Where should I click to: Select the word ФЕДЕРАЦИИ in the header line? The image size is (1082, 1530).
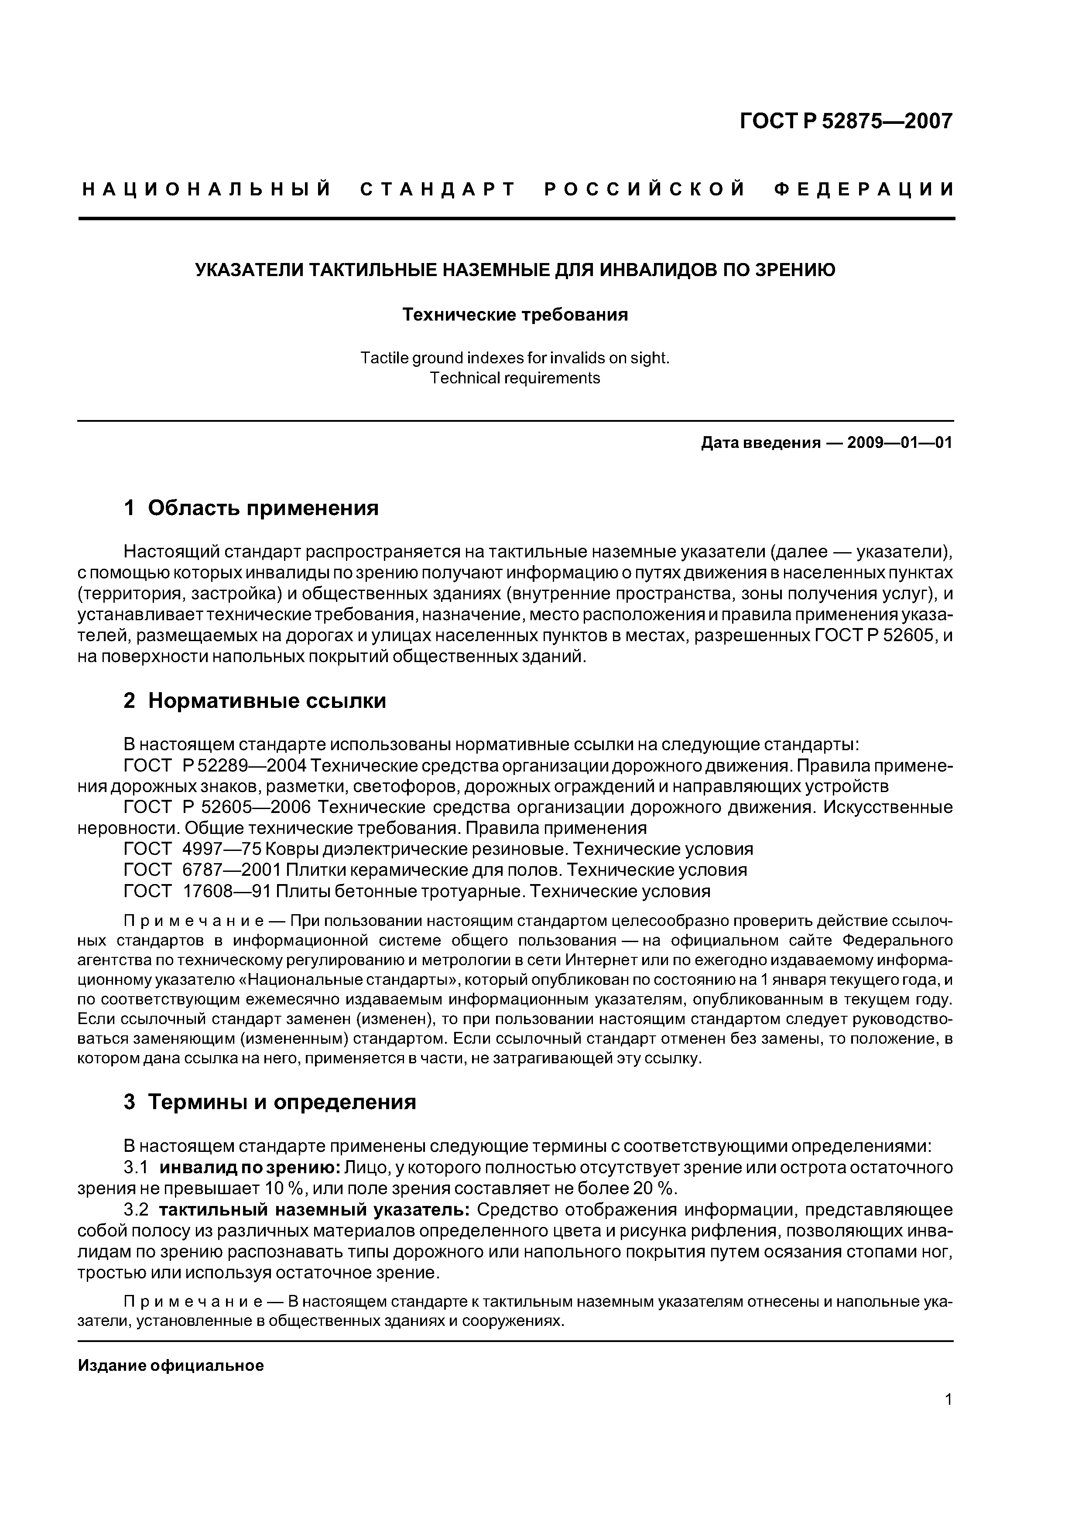(x=865, y=190)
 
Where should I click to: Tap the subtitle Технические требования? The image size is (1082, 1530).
(x=515, y=314)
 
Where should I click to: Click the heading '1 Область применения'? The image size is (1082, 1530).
(x=251, y=509)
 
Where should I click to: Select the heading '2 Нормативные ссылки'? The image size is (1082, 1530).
(x=255, y=701)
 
